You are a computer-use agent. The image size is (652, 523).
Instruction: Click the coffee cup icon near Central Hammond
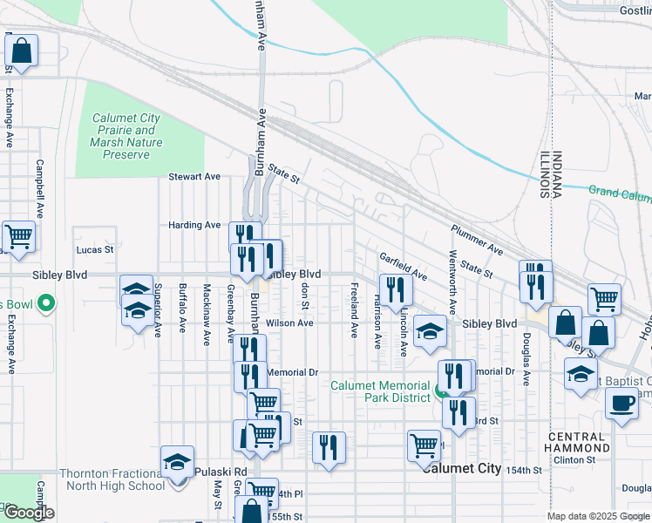click(621, 404)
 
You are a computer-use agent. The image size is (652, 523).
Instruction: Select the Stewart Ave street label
click(194, 176)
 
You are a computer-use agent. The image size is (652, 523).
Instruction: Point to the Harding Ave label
click(194, 225)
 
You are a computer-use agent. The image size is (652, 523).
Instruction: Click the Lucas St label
click(96, 249)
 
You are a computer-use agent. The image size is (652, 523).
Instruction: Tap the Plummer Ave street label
click(476, 240)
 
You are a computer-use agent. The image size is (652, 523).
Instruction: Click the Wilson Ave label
click(289, 323)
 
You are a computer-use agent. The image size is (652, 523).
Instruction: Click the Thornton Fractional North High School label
click(112, 479)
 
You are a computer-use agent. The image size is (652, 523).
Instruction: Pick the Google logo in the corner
click(28, 513)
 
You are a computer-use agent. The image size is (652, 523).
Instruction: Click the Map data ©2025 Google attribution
click(597, 516)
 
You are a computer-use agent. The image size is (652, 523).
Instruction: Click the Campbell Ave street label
click(39, 187)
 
